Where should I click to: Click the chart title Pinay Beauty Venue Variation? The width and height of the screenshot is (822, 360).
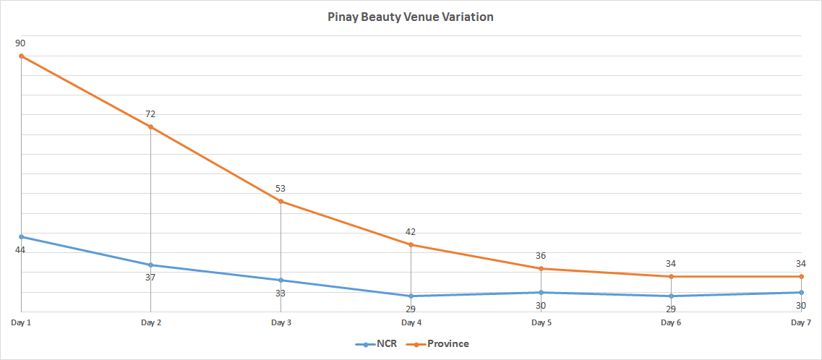coord(411,17)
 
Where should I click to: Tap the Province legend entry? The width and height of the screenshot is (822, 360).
coord(438,344)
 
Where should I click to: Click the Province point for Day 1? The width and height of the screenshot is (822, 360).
coord(21,56)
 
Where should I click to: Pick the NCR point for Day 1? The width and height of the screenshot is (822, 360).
coord(21,236)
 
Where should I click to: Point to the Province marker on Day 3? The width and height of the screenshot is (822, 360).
coord(281,201)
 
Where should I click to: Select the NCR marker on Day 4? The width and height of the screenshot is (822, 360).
coord(411,296)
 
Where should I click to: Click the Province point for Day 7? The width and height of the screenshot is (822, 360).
coord(801,276)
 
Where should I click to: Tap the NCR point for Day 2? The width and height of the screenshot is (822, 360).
coord(150,265)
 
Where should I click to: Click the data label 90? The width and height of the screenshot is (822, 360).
coord(20,43)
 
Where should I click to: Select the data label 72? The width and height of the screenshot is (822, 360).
coord(150,114)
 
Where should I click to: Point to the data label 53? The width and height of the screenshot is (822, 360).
coord(281,189)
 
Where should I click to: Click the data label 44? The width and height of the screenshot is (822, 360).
coord(20,249)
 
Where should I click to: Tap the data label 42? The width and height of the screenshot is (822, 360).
coord(411,232)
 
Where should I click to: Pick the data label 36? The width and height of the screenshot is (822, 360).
coord(541,256)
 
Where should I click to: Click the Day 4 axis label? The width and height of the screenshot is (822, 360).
coord(411,322)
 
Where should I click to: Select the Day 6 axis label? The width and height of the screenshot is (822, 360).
coord(671,322)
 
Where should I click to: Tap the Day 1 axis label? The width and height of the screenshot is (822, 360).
coord(21,322)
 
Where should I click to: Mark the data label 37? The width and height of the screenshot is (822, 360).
coord(150,278)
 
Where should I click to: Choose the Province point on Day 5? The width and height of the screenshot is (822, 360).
coord(541,268)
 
